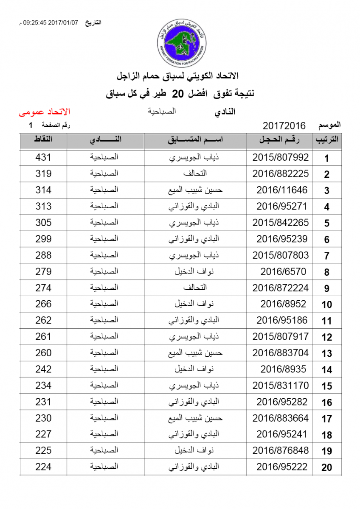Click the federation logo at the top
(x=181, y=42)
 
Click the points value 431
(x=43, y=157)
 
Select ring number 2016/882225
(x=281, y=173)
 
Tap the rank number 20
(x=326, y=468)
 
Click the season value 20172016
(x=284, y=126)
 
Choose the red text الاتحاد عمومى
(x=44, y=112)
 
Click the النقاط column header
(x=43, y=140)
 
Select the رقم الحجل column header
(x=280, y=140)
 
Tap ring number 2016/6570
(x=281, y=271)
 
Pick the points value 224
(x=43, y=467)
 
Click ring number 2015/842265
(x=281, y=223)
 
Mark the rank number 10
(x=326, y=305)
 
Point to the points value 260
(x=43, y=353)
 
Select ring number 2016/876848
(x=281, y=450)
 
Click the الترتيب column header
(x=327, y=140)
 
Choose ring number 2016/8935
(x=283, y=369)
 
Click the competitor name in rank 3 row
(x=195, y=190)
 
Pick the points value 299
(x=43, y=239)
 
